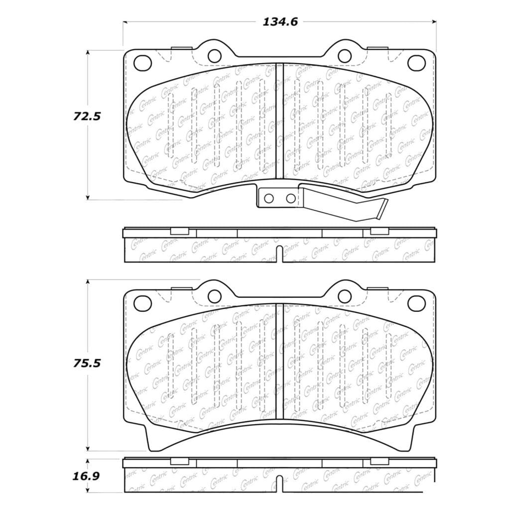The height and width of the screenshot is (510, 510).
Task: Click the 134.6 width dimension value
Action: click(x=280, y=22)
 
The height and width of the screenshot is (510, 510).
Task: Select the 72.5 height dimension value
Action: click(x=87, y=116)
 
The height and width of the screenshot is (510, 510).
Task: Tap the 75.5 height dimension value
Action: click(x=87, y=363)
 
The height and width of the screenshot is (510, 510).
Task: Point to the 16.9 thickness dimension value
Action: click(x=86, y=476)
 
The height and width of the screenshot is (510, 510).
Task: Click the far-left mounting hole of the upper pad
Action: click(x=142, y=62)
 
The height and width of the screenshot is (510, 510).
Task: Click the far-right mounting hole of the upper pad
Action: click(x=416, y=62)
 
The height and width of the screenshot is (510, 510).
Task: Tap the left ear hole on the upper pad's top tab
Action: click(x=214, y=56)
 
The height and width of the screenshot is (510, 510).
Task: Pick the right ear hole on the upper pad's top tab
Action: click(x=345, y=56)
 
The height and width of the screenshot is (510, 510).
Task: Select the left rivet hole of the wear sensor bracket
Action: click(x=268, y=198)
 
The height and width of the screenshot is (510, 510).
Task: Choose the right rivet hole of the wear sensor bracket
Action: click(x=290, y=198)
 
